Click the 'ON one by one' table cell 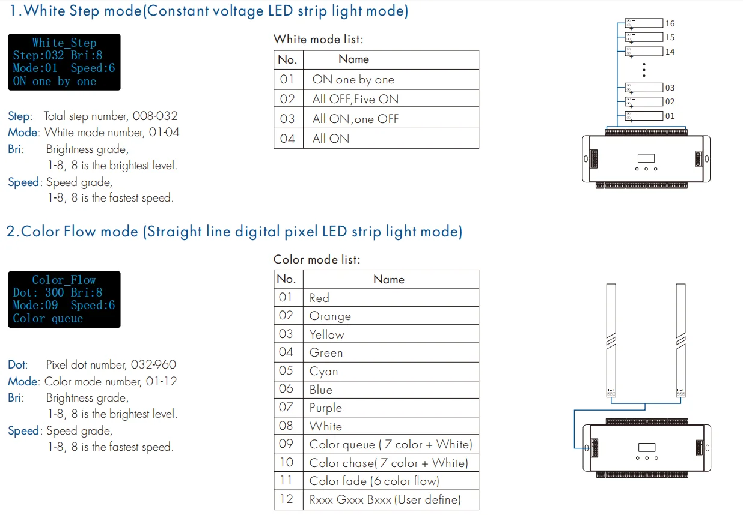353,80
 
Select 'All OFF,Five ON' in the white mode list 355,100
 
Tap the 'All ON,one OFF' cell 355,119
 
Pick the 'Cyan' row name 324,372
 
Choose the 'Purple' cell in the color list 326,408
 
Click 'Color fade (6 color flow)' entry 374,481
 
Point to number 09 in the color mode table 286,445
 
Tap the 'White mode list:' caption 319,40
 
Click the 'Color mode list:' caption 317,260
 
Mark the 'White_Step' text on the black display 64,43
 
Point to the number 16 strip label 670,24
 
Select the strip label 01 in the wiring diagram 670,116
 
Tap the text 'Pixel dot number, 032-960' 111,364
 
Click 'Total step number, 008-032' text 111,116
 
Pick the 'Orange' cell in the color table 330,316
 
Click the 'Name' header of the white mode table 353,59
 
